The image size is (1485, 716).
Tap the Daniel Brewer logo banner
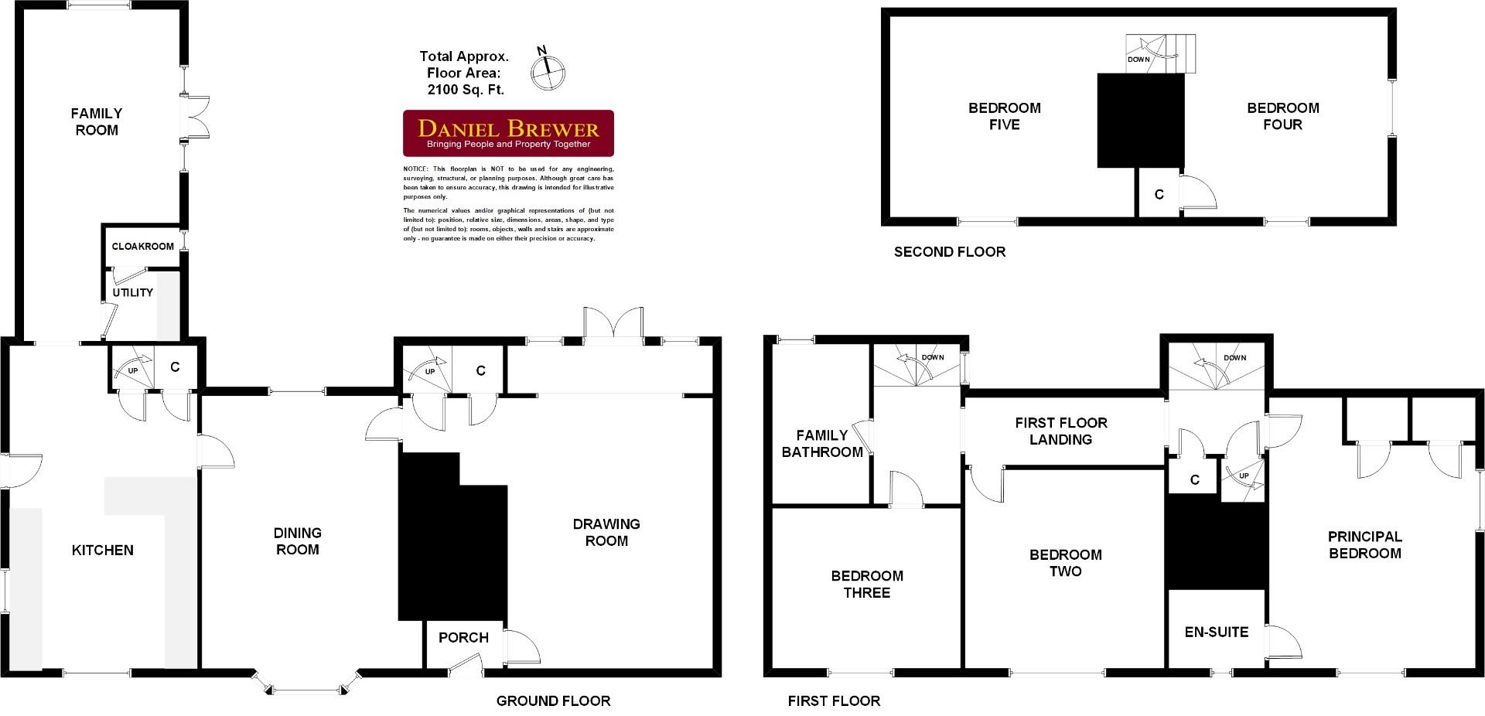[x=509, y=134]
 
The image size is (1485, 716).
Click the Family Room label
[x=97, y=122]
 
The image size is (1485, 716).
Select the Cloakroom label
[x=143, y=247]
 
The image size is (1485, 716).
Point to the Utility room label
[x=133, y=293]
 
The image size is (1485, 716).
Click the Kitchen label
[x=102, y=551]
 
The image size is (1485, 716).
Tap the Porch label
[x=463, y=638]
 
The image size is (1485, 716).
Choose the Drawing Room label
[x=606, y=533]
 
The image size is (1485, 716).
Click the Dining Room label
[x=298, y=541]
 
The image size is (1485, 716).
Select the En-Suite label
[x=1217, y=632]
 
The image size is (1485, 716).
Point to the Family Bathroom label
[x=822, y=445]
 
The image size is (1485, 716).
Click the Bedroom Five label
[x=1004, y=116]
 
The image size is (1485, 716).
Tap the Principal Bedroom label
[x=1364, y=545]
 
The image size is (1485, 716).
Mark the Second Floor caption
[x=950, y=252]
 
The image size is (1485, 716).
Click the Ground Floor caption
[x=553, y=701]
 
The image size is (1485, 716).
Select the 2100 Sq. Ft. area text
[x=466, y=90]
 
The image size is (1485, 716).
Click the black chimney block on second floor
[x=1141, y=120]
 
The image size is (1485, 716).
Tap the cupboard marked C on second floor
[x=1159, y=195]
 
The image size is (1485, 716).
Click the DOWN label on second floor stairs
[x=1138, y=60]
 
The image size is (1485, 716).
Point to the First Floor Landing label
[x=1061, y=431]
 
